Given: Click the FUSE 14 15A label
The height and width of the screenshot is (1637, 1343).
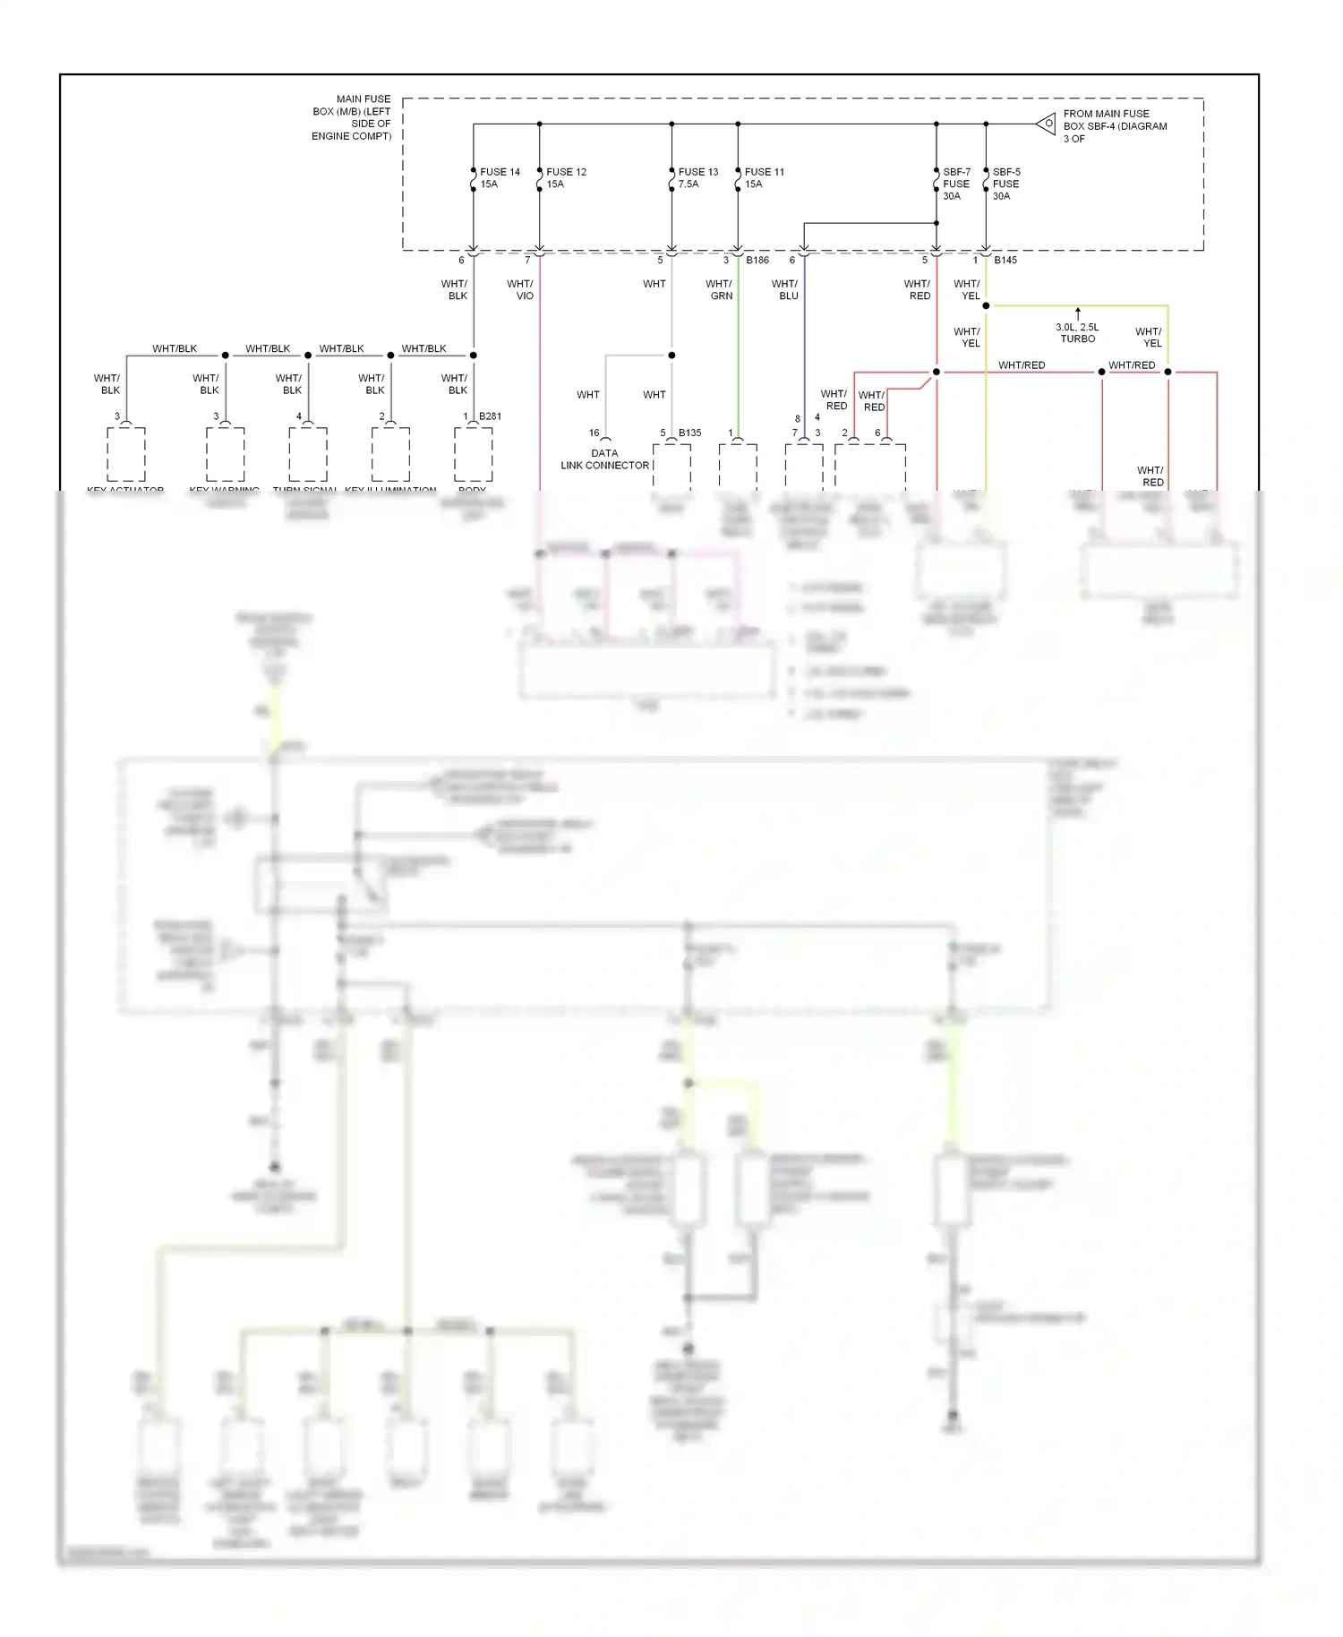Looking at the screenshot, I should [499, 177].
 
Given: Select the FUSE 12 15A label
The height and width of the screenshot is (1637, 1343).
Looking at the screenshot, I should [565, 177].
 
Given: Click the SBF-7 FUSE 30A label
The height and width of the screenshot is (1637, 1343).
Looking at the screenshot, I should [955, 184].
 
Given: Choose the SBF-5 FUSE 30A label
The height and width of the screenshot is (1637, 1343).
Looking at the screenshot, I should [1005, 184].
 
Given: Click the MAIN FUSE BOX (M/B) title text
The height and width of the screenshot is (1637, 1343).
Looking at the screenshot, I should [352, 117].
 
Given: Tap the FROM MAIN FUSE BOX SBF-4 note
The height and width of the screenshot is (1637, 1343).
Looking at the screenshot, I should [1114, 126].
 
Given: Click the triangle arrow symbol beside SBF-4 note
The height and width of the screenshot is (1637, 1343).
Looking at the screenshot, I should [1046, 124].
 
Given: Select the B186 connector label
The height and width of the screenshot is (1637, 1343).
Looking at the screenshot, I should [757, 261].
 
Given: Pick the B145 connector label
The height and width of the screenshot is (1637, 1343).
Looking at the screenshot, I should [1005, 261].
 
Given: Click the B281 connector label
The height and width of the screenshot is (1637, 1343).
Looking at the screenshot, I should [490, 416].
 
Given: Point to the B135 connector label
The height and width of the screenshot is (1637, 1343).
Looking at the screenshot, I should [689, 433].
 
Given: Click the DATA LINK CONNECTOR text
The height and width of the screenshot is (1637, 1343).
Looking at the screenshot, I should [604, 459].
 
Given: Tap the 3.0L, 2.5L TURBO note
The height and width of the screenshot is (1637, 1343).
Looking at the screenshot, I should [1077, 333].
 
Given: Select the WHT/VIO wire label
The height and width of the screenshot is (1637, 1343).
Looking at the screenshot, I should [520, 289].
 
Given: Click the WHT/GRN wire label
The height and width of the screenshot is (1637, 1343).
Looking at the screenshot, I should [719, 289].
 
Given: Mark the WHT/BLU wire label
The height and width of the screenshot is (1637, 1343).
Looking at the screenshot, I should [785, 289].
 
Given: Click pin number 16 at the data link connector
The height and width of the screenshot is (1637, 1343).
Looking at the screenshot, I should [594, 433].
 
